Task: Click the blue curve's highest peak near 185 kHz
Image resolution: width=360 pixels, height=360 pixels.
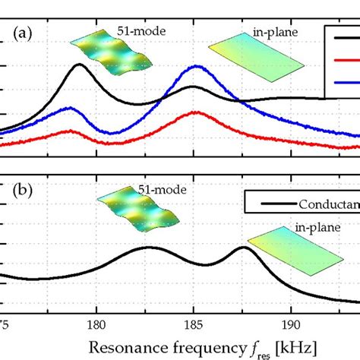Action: tap(195, 67)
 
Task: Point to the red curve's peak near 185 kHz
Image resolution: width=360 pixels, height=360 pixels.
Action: tap(196, 112)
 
